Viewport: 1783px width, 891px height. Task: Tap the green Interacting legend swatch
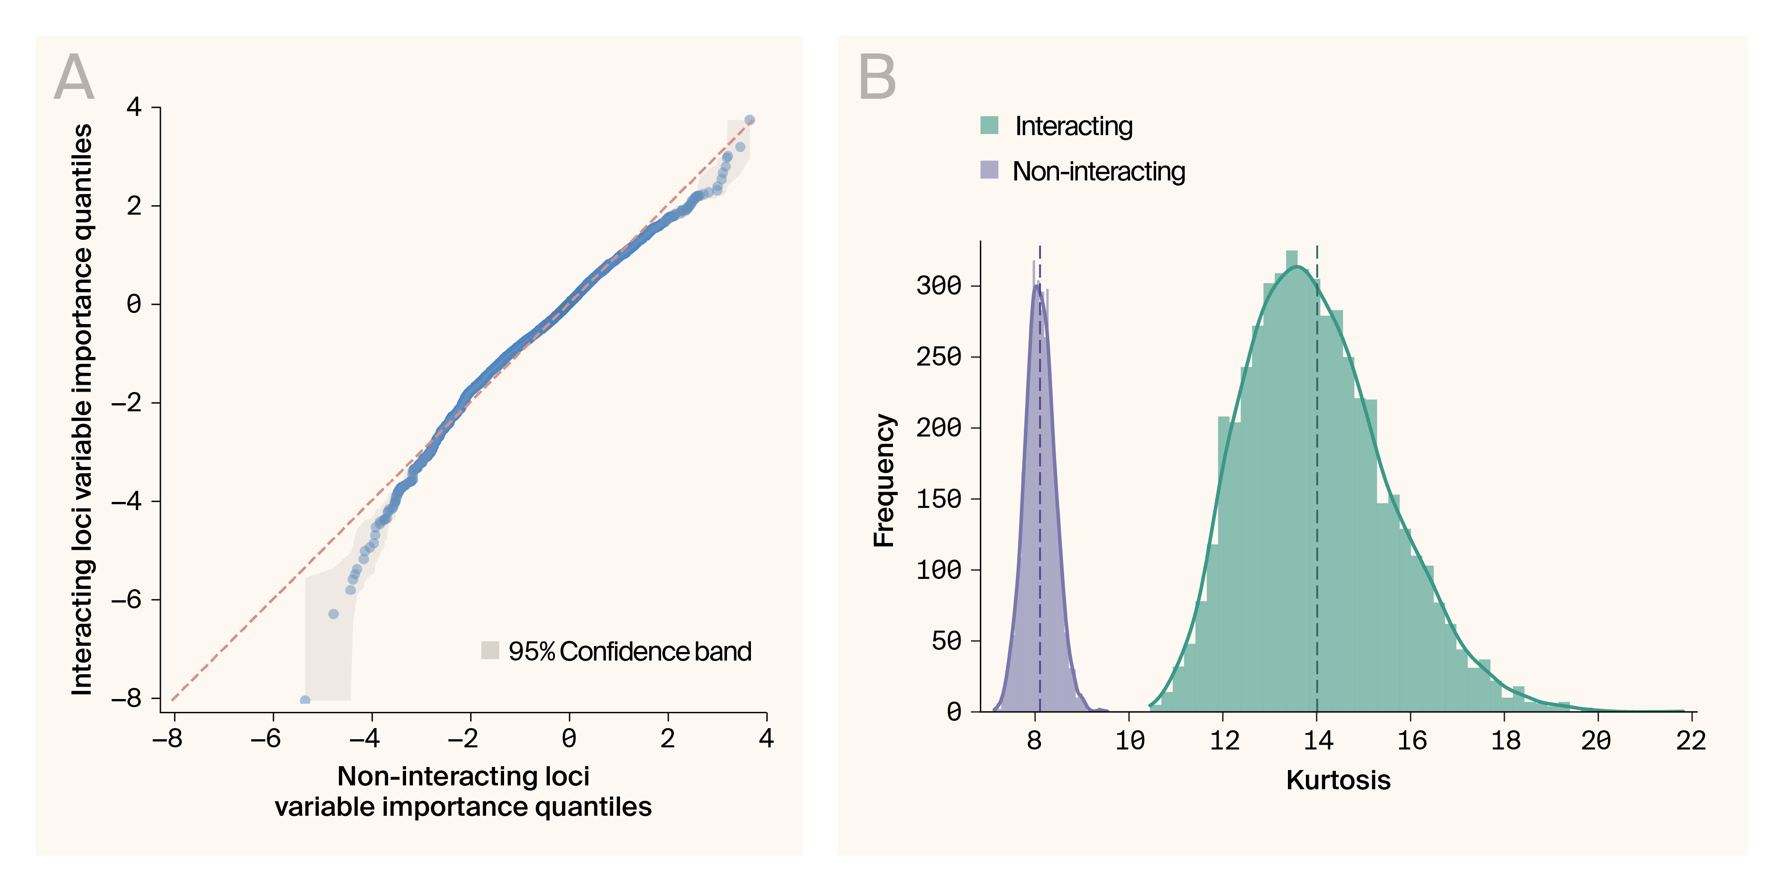click(989, 125)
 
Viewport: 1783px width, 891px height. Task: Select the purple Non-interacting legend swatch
click(989, 169)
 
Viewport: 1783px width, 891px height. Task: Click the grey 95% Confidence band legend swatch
click(490, 650)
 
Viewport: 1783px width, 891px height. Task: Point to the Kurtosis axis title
click(1337, 780)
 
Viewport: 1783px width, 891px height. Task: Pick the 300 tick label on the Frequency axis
click(938, 285)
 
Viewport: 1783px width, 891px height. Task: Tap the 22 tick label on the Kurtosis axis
click(1690, 740)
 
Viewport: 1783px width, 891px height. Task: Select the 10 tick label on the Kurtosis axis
click(1130, 740)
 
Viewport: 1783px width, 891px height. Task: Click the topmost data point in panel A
click(749, 120)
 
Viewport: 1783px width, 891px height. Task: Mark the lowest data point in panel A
click(305, 700)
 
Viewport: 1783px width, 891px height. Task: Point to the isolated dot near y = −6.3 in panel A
click(333, 614)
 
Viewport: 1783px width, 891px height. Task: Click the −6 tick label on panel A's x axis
click(266, 739)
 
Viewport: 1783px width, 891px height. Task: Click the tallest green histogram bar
click(1291, 484)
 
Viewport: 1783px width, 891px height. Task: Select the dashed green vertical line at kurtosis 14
click(1317, 484)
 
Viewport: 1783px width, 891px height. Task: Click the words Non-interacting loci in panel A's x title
click(463, 776)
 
